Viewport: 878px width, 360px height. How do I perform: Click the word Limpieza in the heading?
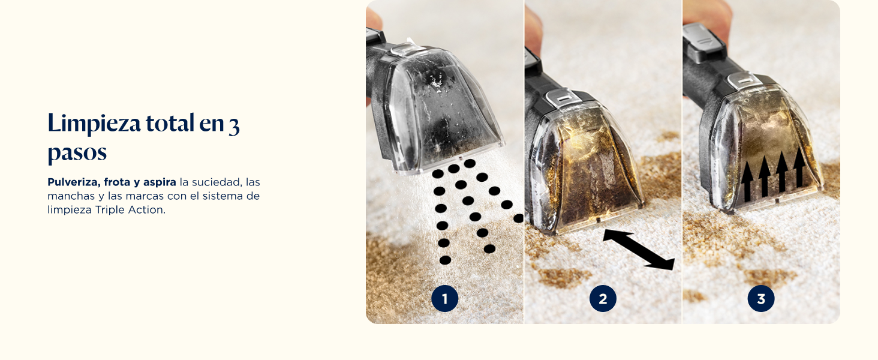click(x=94, y=124)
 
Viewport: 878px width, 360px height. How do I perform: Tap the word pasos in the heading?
click(x=77, y=152)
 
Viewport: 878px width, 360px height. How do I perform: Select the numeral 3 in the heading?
click(x=234, y=126)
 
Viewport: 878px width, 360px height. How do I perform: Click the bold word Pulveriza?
click(x=73, y=182)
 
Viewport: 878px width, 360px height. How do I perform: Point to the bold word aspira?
click(x=160, y=183)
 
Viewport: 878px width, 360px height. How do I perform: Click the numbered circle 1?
click(x=444, y=299)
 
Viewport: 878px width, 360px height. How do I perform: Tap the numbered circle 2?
click(x=603, y=299)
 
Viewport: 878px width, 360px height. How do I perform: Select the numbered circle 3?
click(x=761, y=299)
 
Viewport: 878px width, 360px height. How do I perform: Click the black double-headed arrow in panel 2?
click(x=639, y=250)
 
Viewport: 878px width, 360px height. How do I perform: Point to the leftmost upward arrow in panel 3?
click(x=747, y=181)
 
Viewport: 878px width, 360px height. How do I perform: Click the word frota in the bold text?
click(x=117, y=182)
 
